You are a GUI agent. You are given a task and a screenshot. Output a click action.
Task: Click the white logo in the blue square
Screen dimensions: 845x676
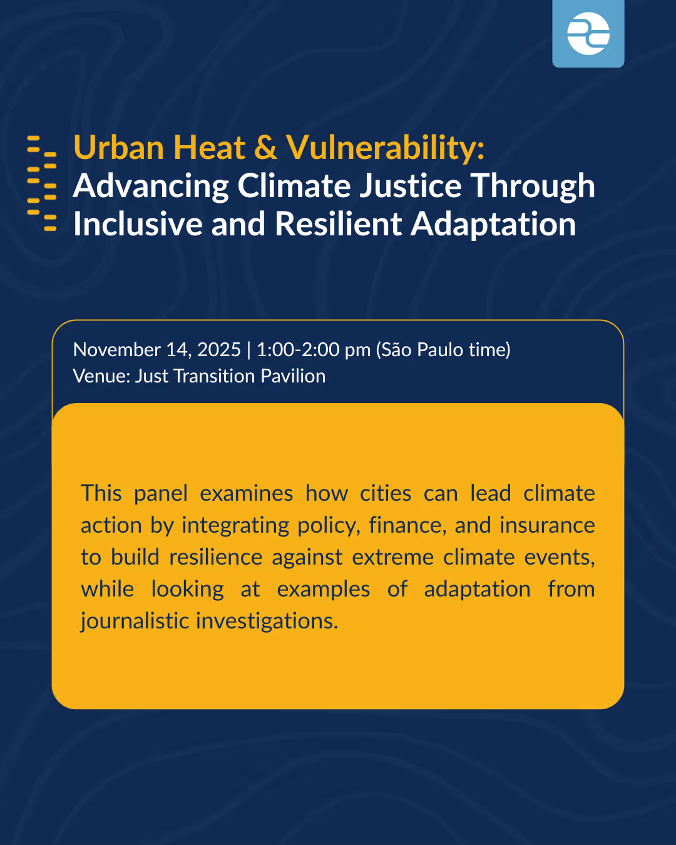[588, 34]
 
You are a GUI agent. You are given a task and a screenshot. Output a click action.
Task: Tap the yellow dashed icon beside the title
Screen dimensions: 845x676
[42, 184]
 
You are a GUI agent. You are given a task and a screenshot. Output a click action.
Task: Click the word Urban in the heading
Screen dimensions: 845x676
[119, 148]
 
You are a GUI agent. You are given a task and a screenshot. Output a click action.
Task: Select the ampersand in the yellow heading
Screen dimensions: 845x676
[265, 148]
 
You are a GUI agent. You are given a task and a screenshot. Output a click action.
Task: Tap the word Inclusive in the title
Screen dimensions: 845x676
[138, 224]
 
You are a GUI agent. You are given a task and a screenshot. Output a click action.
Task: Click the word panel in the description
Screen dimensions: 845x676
[161, 494]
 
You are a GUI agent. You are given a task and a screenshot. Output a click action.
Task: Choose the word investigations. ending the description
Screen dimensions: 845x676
[267, 622]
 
